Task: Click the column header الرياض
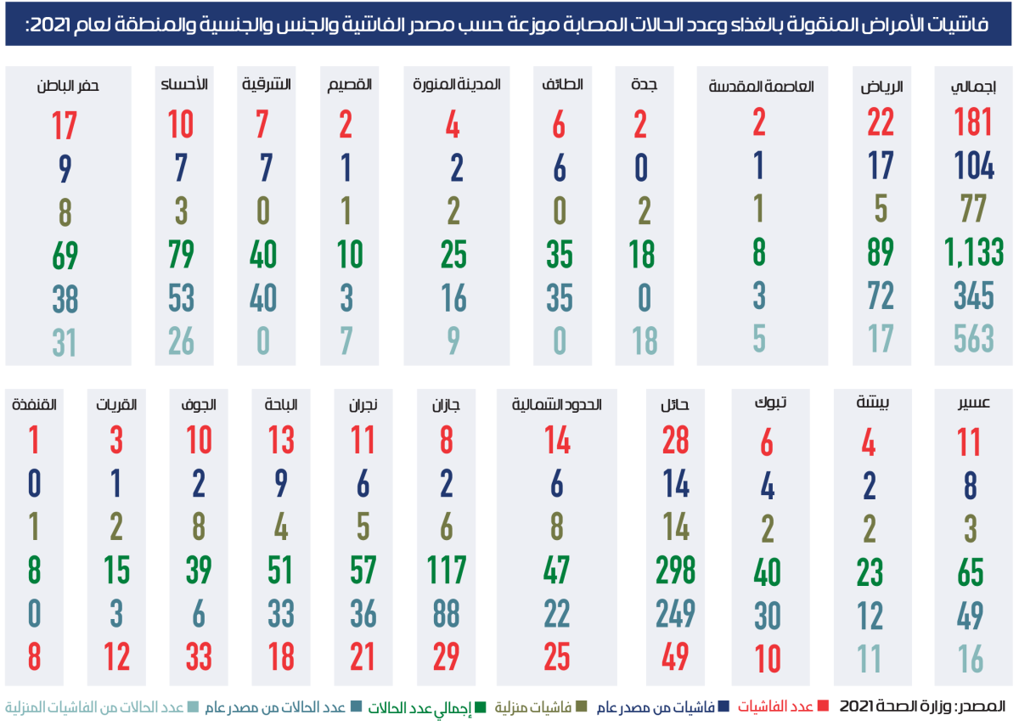pos(881,86)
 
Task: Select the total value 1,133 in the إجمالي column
pos(973,253)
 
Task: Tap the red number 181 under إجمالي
pos(973,123)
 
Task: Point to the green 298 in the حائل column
pos(677,570)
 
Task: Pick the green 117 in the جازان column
pos(448,570)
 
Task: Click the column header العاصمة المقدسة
pos(761,86)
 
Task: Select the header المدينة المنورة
pos(457,86)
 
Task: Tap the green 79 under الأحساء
pos(180,253)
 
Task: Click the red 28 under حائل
pos(677,441)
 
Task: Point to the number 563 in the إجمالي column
pos(973,340)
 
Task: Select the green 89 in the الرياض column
pos(880,253)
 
